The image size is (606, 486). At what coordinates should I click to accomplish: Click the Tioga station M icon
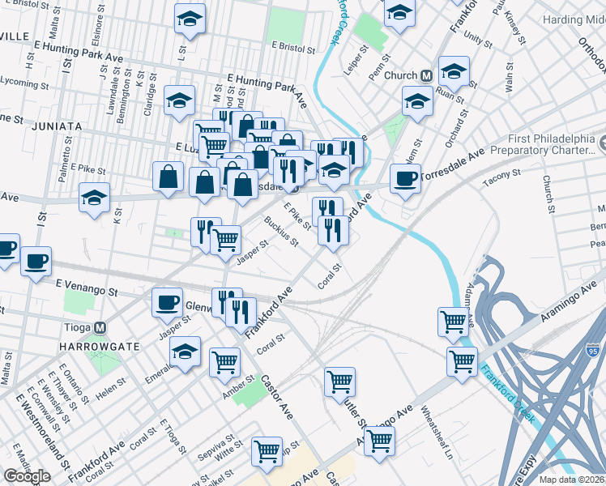click(100, 328)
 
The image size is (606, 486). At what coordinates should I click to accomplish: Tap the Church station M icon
click(425, 75)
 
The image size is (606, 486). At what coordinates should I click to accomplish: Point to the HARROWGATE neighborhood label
click(100, 346)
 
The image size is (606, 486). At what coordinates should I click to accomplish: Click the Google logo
click(28, 476)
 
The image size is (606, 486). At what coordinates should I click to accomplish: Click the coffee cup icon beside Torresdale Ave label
click(405, 179)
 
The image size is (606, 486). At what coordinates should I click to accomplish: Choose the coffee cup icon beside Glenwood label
click(168, 302)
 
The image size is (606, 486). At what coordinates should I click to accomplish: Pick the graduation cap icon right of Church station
click(454, 71)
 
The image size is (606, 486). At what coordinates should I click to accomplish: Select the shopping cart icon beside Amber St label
click(224, 362)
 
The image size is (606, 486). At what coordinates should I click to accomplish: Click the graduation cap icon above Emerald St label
click(186, 352)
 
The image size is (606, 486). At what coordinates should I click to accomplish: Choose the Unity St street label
click(478, 38)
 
